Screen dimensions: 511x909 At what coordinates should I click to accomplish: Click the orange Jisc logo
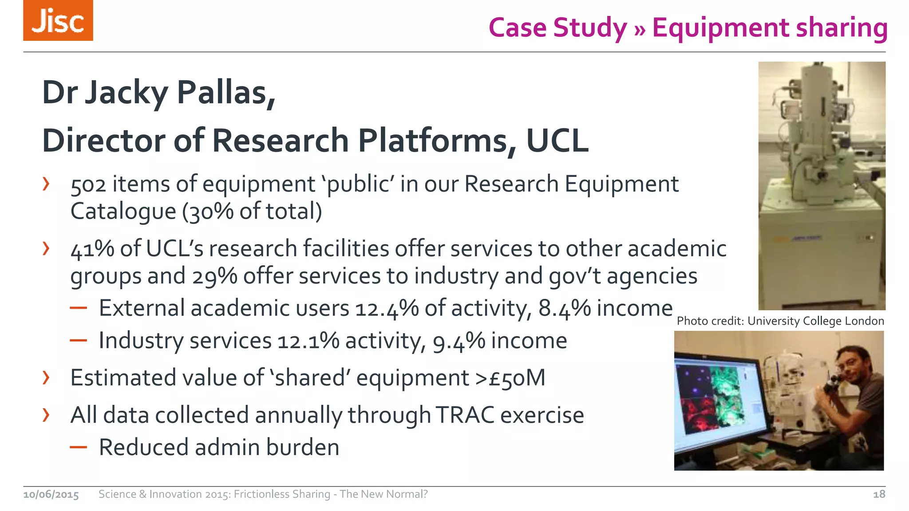(58, 21)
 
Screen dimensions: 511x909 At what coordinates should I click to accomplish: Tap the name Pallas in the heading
(226, 93)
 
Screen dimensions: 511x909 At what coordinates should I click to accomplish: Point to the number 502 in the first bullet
(88, 185)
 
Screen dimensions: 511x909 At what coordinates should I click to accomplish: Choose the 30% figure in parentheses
(211, 212)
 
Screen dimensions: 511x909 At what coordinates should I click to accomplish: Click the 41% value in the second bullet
(92, 249)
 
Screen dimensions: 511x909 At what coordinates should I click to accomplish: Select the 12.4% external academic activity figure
(387, 308)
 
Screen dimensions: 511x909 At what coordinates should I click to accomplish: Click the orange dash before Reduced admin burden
(78, 447)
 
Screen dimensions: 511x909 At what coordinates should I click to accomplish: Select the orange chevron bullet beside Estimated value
(46, 377)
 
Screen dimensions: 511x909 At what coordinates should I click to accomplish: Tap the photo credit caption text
(780, 321)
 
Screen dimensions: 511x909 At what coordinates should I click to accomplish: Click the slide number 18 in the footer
(879, 494)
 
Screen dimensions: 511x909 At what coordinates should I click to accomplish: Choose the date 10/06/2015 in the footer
(51, 495)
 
